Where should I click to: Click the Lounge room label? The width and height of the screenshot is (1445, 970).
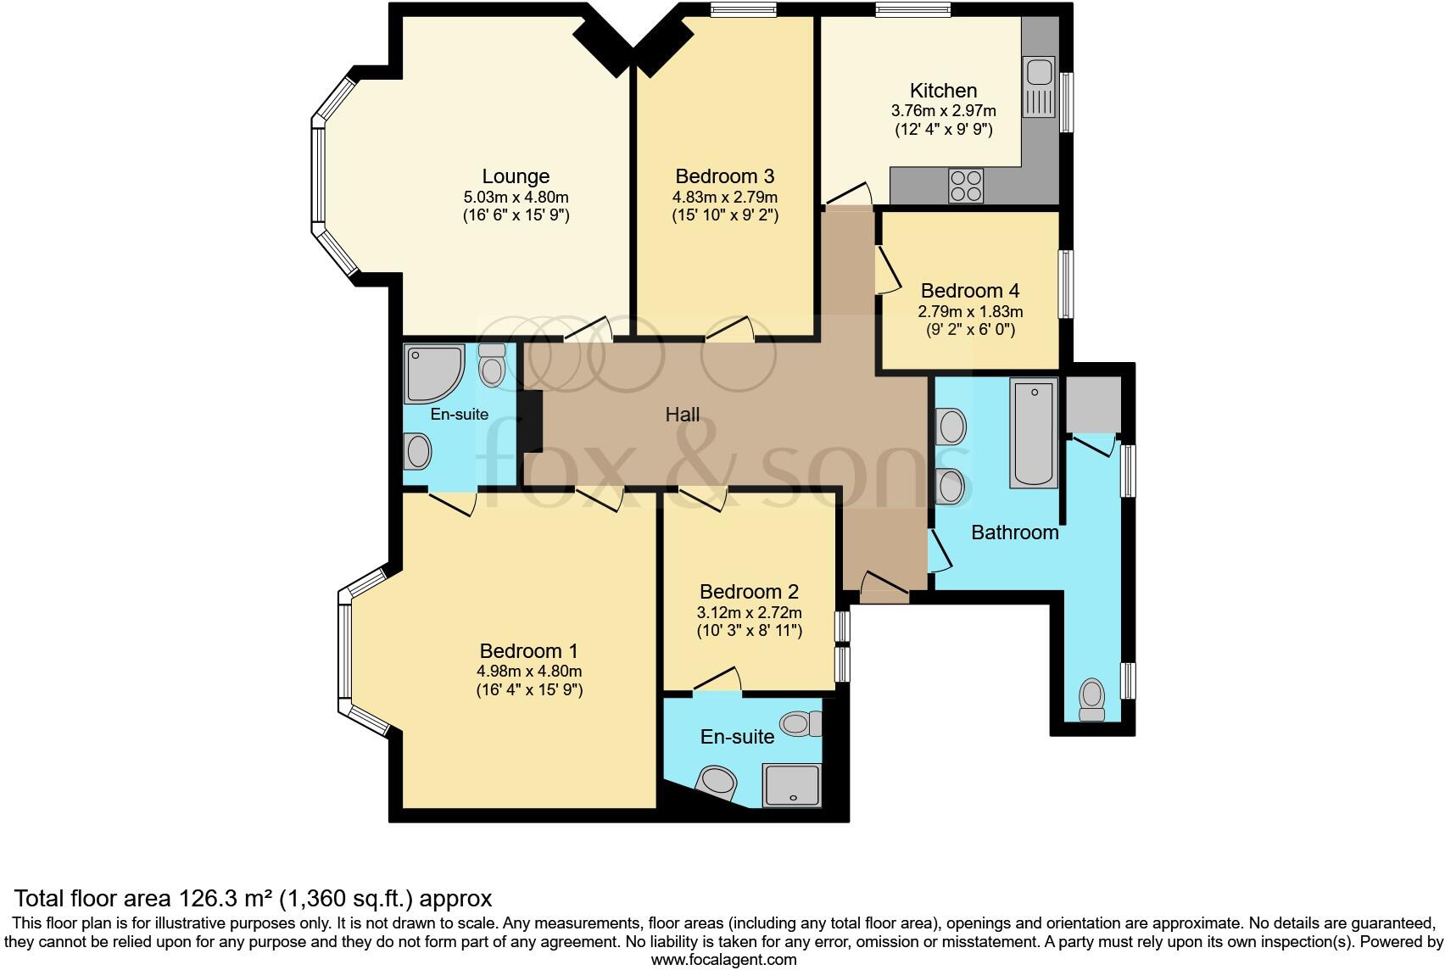[516, 176]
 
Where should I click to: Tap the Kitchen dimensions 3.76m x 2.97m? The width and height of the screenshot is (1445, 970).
[943, 111]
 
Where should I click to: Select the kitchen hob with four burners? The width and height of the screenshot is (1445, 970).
[966, 186]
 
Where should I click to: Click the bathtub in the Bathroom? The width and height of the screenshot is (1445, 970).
[1034, 432]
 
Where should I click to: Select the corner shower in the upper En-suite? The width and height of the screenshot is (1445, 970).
[432, 373]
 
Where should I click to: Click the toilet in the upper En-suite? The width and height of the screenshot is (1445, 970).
[493, 365]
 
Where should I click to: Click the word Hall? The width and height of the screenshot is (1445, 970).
[683, 415]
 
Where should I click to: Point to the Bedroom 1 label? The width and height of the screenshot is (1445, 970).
[528, 651]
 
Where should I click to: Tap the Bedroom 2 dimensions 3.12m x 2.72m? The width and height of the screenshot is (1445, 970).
[749, 612]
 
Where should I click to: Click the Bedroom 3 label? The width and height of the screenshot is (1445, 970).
[724, 176]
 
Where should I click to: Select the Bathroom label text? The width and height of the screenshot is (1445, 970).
[1014, 532]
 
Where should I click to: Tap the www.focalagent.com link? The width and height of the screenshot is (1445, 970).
[723, 960]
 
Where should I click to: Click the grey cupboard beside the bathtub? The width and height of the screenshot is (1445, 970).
[1093, 404]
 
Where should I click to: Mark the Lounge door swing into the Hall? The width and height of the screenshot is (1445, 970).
[589, 329]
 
